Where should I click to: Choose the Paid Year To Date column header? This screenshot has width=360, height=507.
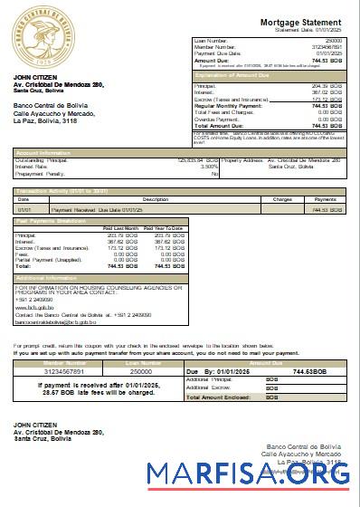164,227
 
